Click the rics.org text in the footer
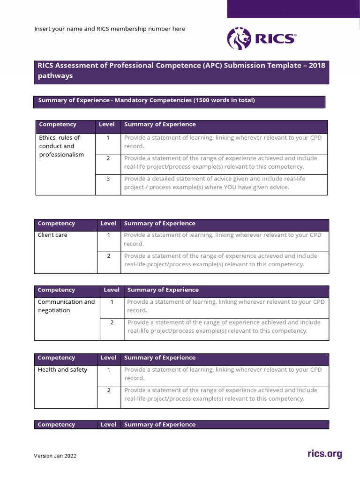click(x=324, y=454)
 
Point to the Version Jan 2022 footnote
click(x=55, y=456)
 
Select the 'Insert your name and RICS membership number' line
click(x=110, y=29)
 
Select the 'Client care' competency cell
click(x=52, y=235)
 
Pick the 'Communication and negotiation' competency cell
click(x=66, y=306)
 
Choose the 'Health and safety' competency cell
click(x=62, y=370)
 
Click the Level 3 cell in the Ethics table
click(x=108, y=179)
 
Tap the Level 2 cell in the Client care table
click(x=108, y=256)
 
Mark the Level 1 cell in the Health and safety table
click(x=108, y=370)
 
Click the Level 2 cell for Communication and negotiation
click(x=112, y=322)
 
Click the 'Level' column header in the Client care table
click(x=108, y=224)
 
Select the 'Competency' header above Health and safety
click(x=56, y=358)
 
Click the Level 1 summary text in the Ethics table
click(x=223, y=142)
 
